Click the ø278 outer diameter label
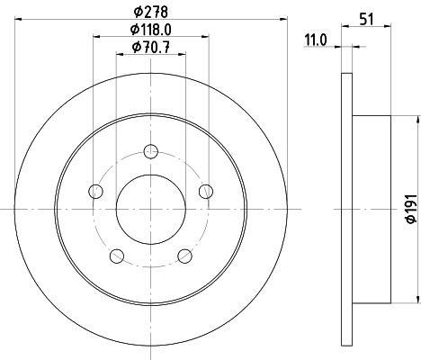pyautogui.click(x=150, y=12)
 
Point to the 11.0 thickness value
pyautogui.click(x=313, y=40)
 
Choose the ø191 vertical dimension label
pyautogui.click(x=410, y=209)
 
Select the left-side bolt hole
pyautogui.click(x=95, y=190)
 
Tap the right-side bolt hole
pyautogui.click(x=206, y=190)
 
